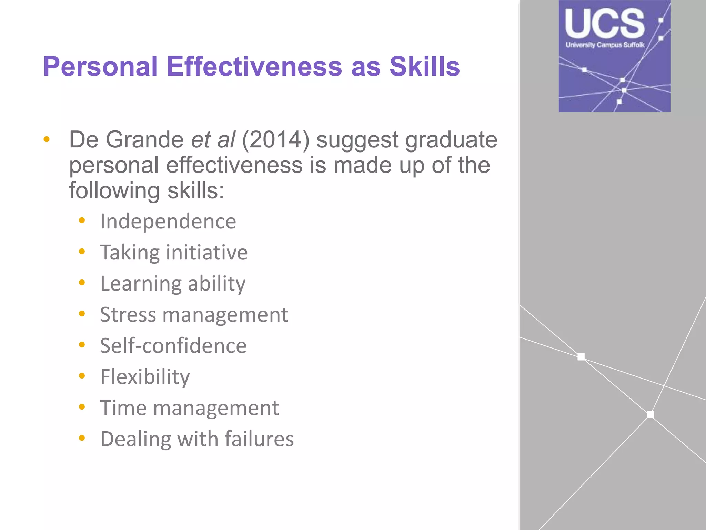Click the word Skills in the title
[x=425, y=66]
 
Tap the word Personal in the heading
[x=100, y=66]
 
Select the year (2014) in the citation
[x=276, y=140]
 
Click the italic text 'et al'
[x=213, y=140]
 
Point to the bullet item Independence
[x=168, y=221]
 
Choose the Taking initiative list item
[x=174, y=252]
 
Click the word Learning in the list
[x=140, y=284]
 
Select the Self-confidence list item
[x=173, y=346]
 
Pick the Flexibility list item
[x=145, y=377]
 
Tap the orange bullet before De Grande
[x=47, y=140]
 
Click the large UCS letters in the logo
[x=605, y=23]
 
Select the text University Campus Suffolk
[x=605, y=45]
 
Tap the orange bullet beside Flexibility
[x=82, y=376]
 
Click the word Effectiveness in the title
[x=254, y=66]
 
